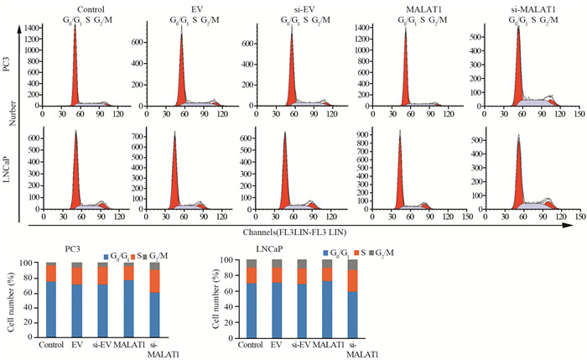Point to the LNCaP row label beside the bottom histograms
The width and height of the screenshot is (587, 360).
8,168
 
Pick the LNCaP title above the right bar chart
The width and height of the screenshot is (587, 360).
257,249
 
